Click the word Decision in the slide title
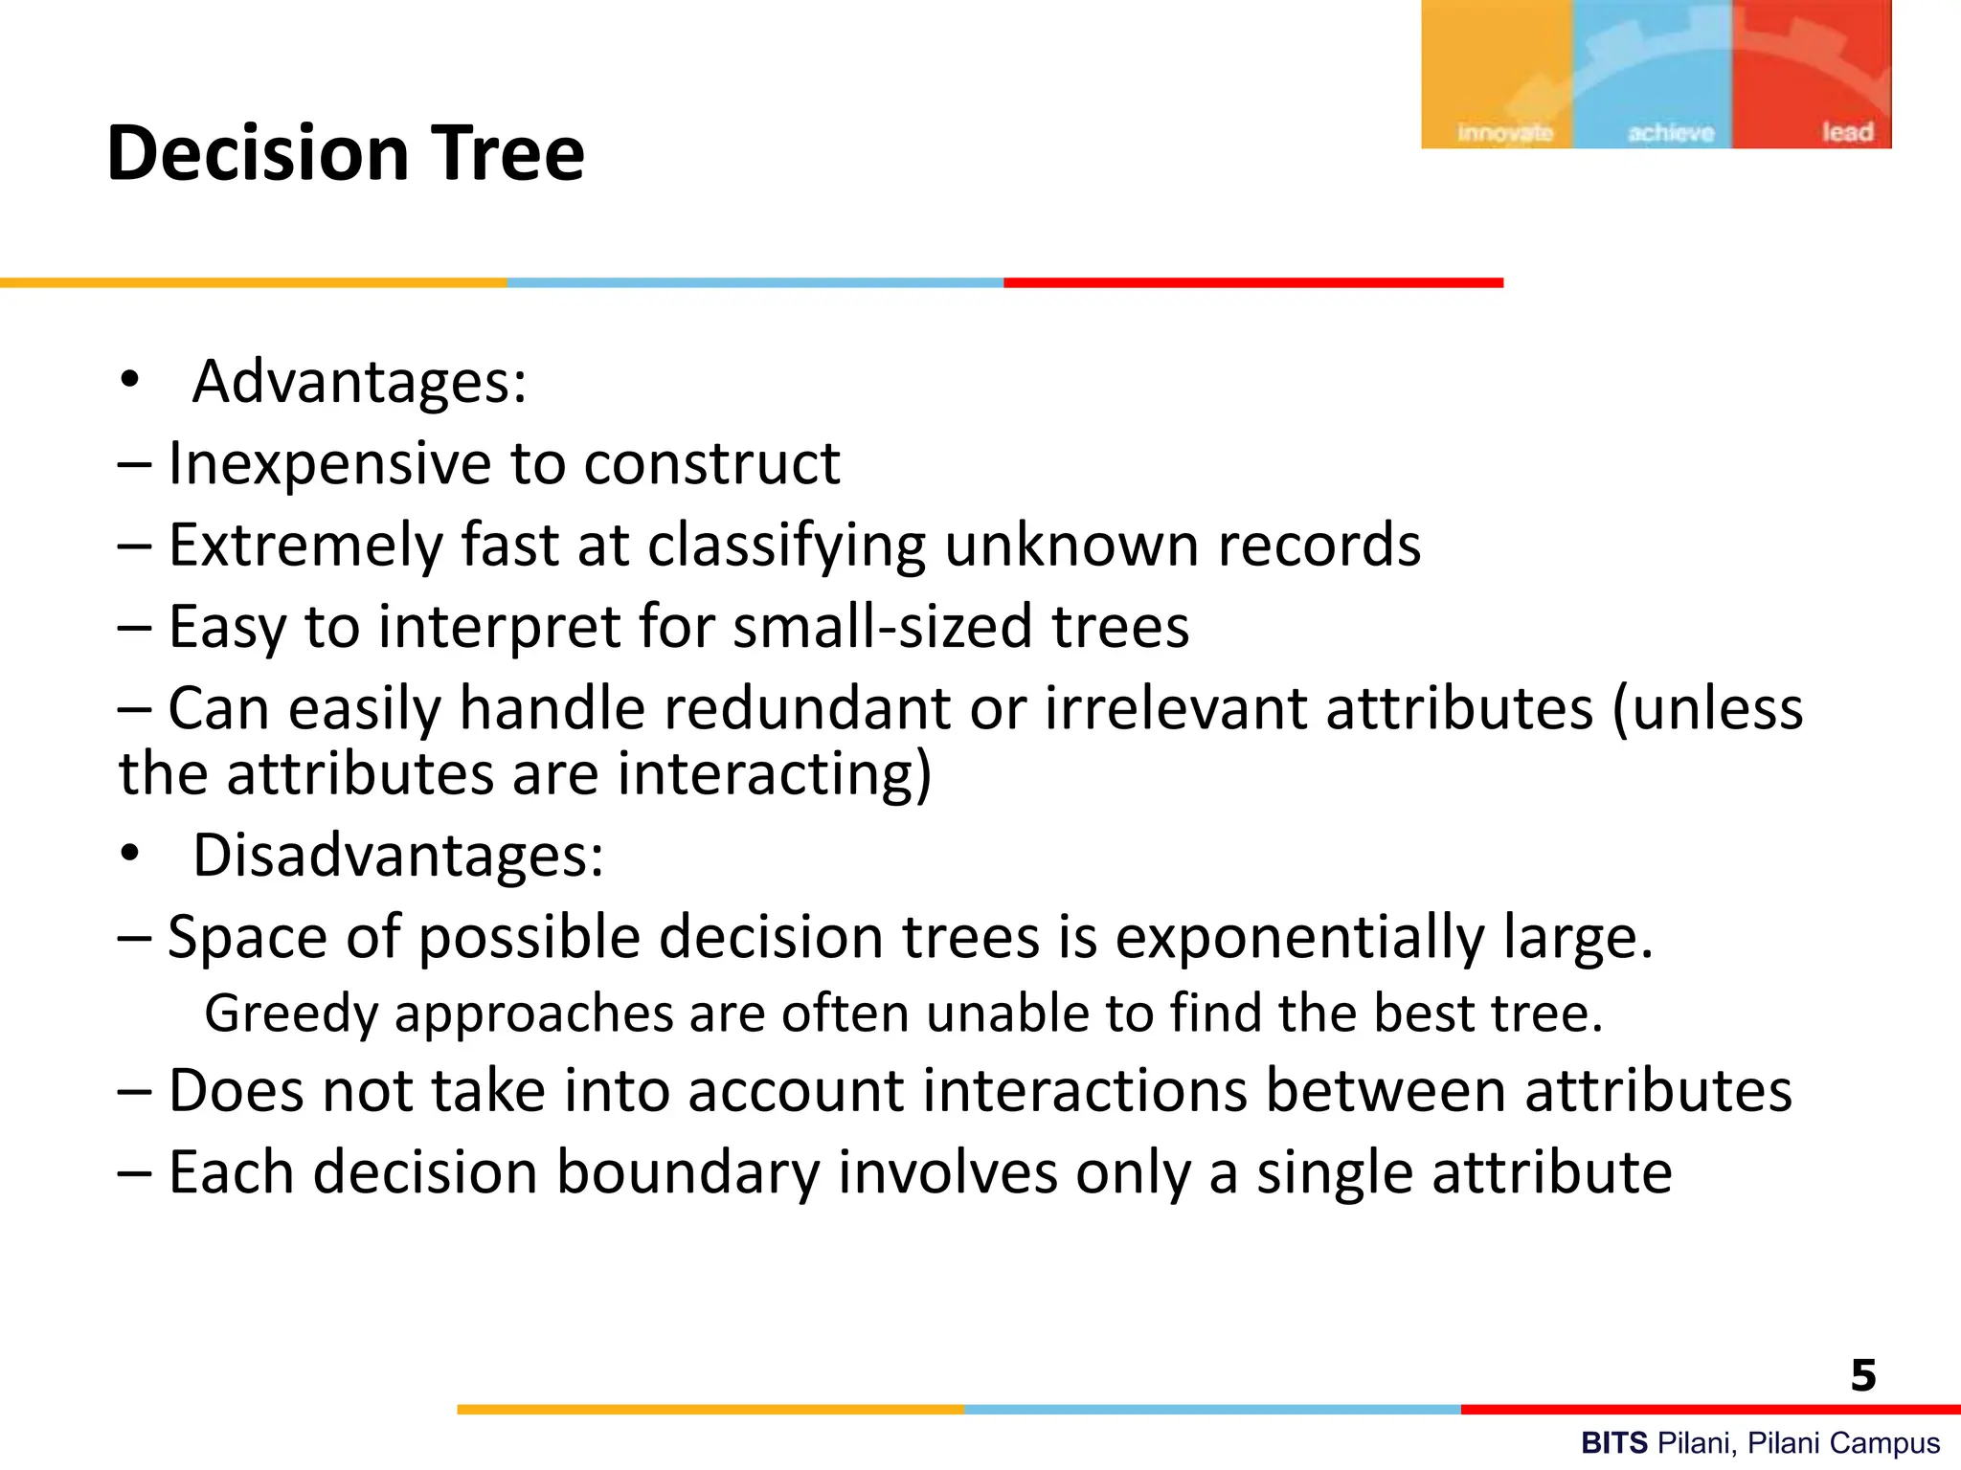pos(258,153)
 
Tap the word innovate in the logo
pos(1504,132)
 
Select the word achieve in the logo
pos(1671,132)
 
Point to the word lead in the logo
pos(1847,132)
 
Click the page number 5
pos(1862,1375)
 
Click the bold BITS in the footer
pos(1613,1442)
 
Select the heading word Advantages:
pos(359,382)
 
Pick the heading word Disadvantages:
pos(398,855)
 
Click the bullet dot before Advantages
pos(130,380)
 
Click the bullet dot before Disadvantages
pos(130,853)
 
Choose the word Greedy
pos(292,1014)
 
